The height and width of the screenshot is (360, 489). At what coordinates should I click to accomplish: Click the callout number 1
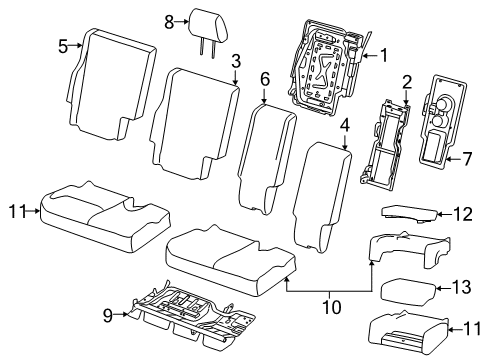[x=382, y=57]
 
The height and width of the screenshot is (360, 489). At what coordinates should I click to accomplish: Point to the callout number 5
[x=63, y=44]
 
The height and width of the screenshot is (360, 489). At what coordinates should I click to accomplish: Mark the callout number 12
[x=461, y=212]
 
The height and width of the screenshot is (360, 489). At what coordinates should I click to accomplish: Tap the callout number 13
[x=461, y=287]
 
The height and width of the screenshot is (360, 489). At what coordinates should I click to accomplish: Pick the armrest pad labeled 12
[x=410, y=213]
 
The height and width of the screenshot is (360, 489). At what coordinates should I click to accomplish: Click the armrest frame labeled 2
[x=385, y=145]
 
